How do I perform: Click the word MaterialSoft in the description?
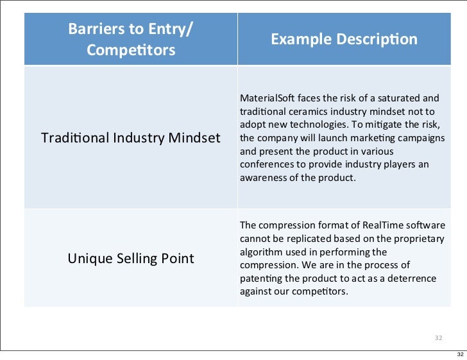pyautogui.click(x=265, y=98)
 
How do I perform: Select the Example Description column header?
pyautogui.click(x=344, y=40)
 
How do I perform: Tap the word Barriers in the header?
pyautogui.click(x=95, y=29)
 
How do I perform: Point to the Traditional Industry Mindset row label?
pyautogui.click(x=130, y=138)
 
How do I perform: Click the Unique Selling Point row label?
pyautogui.click(x=130, y=259)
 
